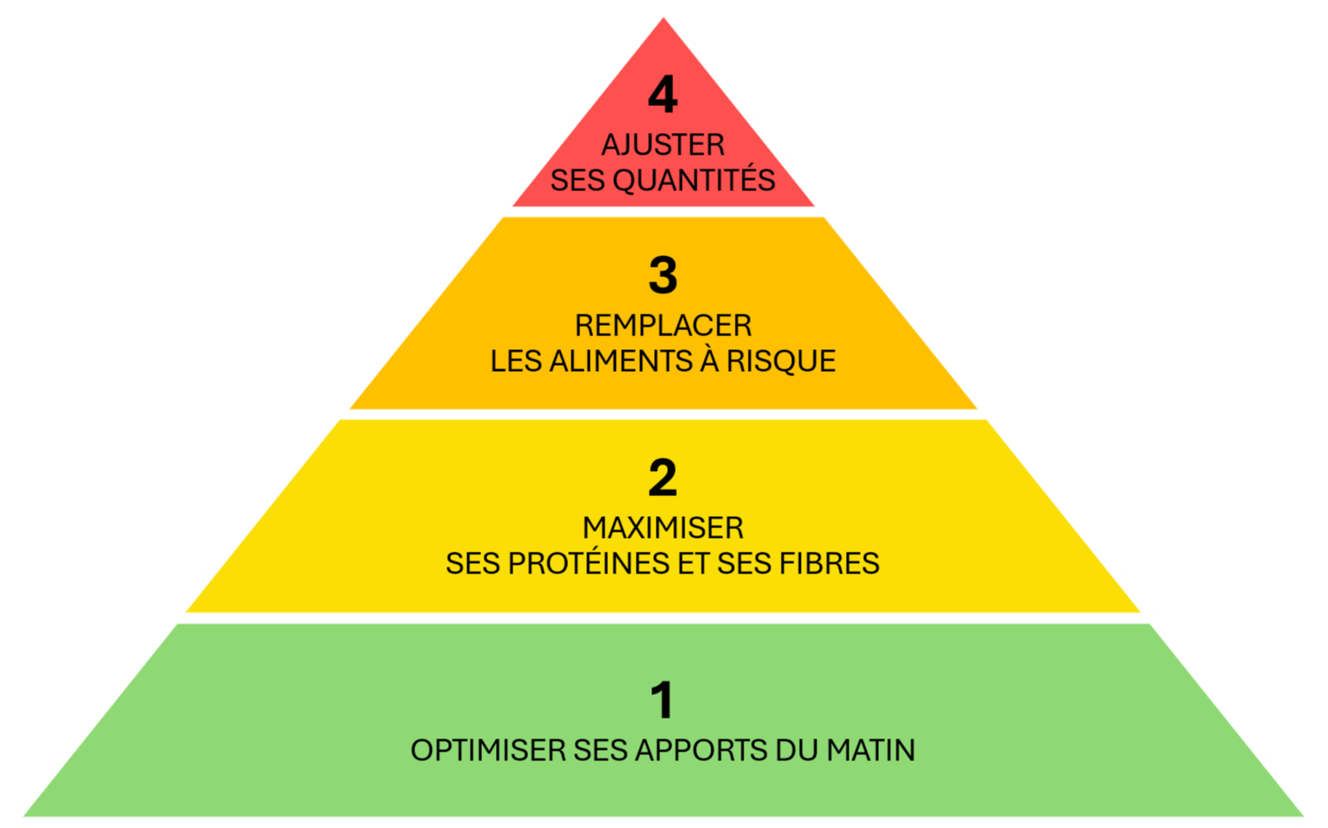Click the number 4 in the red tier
tap(663, 96)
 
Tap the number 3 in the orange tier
tap(663, 276)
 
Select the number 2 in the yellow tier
tap(663, 479)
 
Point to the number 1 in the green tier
tap(663, 700)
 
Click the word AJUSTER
tap(663, 144)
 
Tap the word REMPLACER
tap(663, 326)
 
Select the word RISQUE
tap(781, 361)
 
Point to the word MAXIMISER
tap(663, 527)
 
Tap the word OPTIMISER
tap(488, 750)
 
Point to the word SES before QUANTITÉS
tap(578, 180)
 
